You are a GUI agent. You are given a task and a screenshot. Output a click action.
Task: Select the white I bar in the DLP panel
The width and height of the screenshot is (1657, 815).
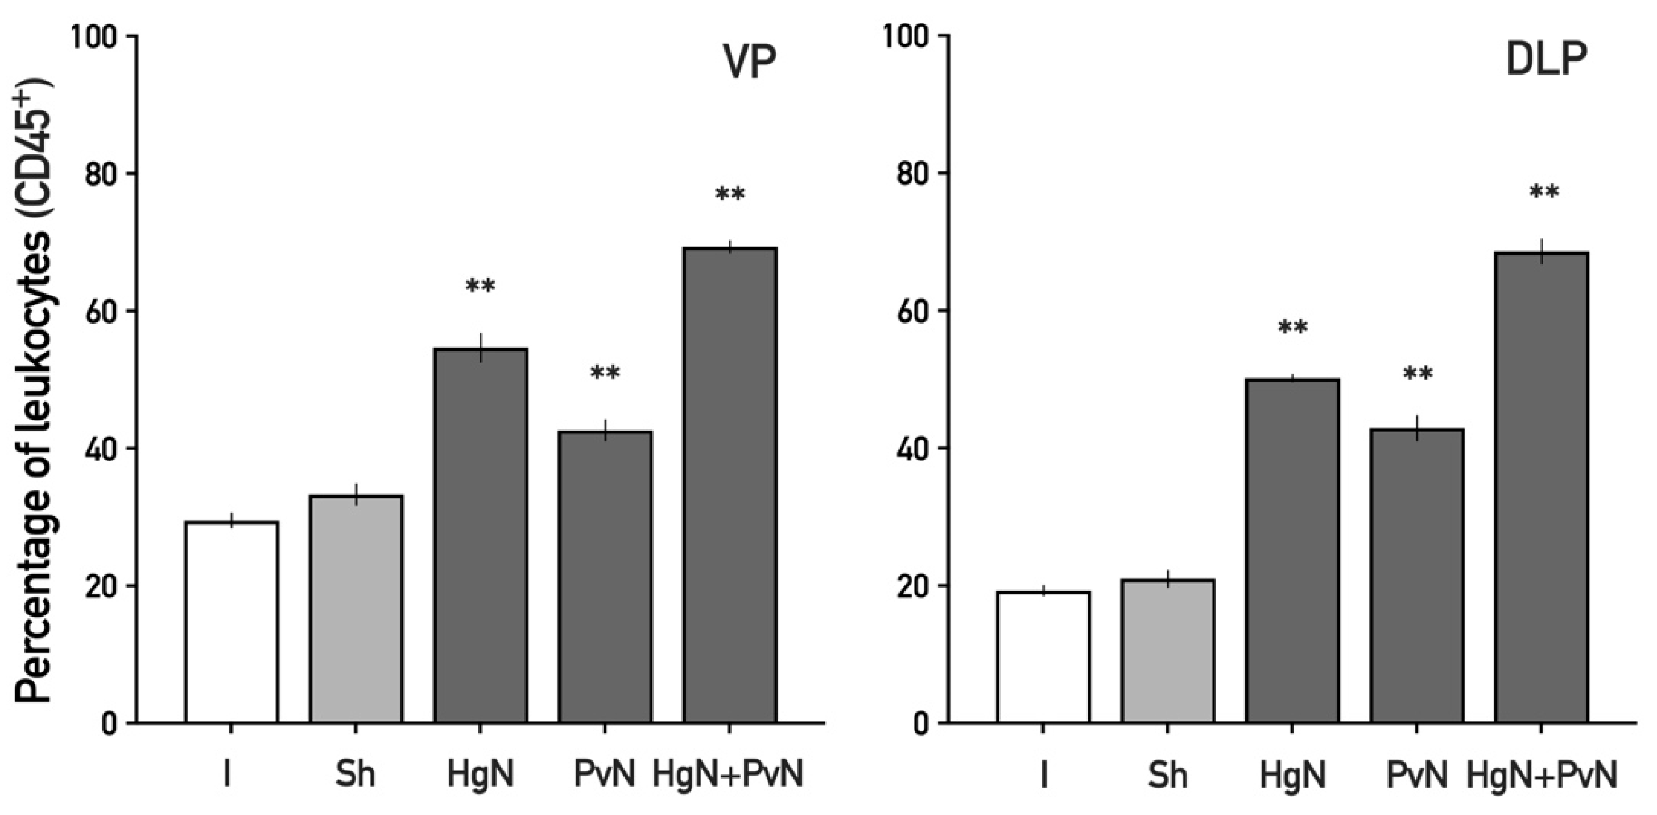1043,657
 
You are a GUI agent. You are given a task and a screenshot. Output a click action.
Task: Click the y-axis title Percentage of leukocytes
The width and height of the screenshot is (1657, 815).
34,392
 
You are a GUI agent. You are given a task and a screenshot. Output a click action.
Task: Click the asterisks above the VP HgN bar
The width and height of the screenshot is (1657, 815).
481,286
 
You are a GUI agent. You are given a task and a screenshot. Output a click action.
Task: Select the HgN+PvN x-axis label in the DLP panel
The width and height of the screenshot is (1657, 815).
1541,775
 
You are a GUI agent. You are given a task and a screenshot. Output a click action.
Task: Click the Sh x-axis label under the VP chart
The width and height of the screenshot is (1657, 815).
356,775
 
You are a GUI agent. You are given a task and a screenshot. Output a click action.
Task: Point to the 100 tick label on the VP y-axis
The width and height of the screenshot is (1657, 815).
97,36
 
